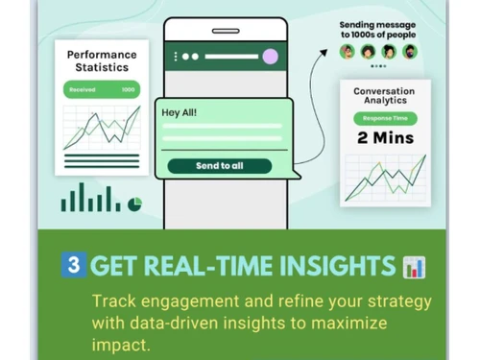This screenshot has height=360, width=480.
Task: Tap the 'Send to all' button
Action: click(x=219, y=166)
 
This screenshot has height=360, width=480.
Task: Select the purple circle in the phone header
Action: click(x=270, y=57)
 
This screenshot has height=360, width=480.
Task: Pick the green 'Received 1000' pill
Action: click(x=101, y=89)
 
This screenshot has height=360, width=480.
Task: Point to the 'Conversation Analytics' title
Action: click(x=384, y=97)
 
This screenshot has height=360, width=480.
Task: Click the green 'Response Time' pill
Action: click(x=384, y=119)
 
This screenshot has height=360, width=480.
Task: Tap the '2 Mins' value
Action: click(x=384, y=138)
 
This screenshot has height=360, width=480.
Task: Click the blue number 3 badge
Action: click(x=73, y=265)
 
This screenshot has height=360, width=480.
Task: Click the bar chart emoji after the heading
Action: click(x=414, y=267)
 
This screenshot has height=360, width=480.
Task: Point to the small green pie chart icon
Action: click(x=134, y=204)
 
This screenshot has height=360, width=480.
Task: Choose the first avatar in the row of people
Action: click(x=348, y=52)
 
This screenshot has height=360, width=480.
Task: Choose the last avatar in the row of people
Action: click(x=410, y=52)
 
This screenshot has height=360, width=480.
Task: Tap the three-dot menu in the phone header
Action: click(x=176, y=57)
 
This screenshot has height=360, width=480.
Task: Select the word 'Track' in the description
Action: click(x=113, y=301)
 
